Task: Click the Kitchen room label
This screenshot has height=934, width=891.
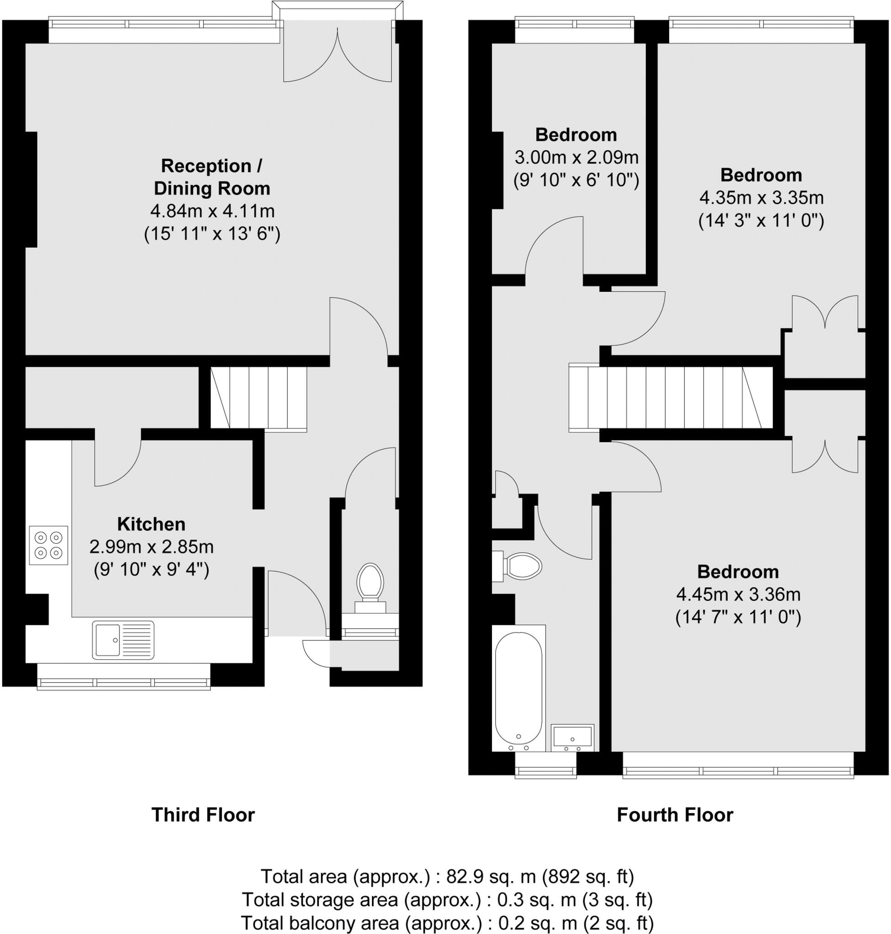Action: pos(151,524)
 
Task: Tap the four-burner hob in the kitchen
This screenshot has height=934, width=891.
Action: pos(48,545)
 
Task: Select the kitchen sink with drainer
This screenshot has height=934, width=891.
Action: pos(123,640)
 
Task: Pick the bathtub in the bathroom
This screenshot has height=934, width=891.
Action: pos(518,688)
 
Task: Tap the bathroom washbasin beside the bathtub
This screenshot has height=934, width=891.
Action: pos(572,737)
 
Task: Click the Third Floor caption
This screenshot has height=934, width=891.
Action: pos(203,815)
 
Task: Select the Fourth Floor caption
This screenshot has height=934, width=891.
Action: pos(675,815)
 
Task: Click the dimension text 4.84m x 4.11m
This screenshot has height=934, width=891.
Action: pos(212,211)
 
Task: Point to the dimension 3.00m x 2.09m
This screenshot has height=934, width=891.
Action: pos(576,157)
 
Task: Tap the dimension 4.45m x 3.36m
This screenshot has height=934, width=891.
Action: pos(738,594)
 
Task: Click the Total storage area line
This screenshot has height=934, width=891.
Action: pos(447,899)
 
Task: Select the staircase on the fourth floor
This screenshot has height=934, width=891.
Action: pos(670,398)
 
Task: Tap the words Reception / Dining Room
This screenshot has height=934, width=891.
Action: pos(212,177)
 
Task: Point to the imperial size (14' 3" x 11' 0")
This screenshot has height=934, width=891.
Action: pos(761,221)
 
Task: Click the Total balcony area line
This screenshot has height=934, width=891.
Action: pos(447,923)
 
